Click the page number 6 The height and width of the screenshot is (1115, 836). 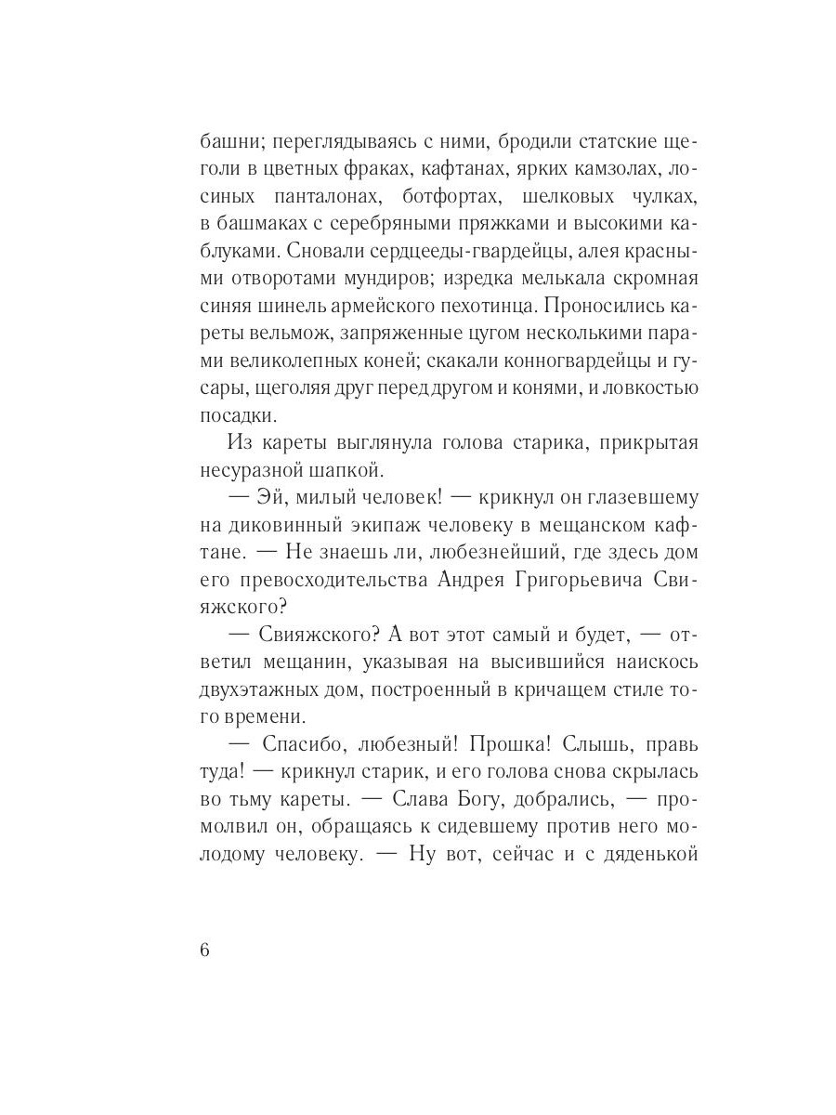click(x=205, y=951)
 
